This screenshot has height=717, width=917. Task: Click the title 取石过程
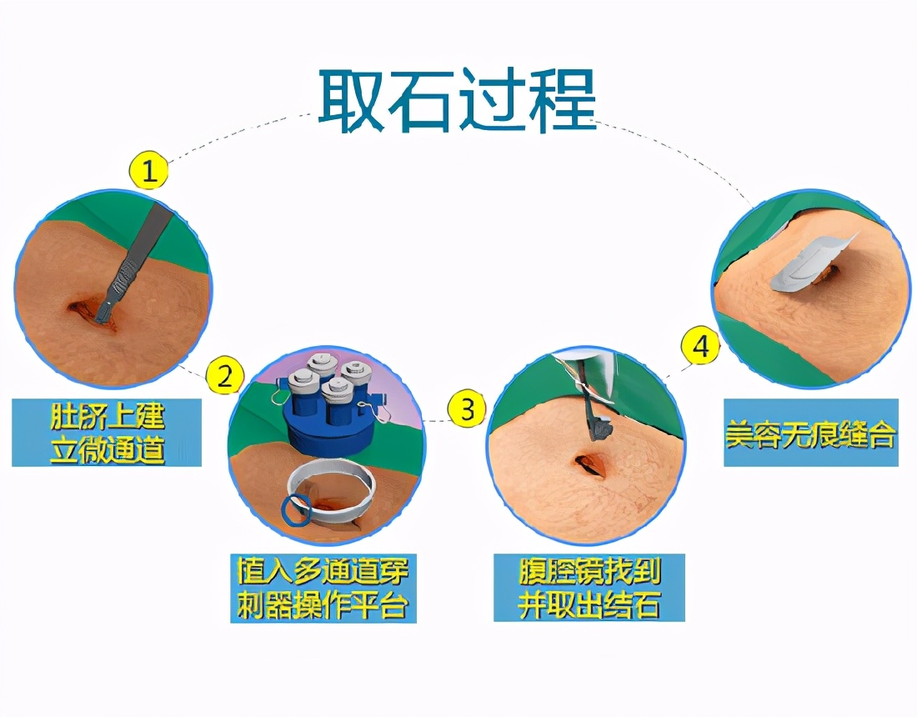[457, 102]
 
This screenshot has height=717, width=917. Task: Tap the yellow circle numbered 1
[149, 172]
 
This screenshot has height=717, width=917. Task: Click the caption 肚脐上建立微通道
[107, 432]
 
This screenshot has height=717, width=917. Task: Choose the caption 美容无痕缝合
[809, 434]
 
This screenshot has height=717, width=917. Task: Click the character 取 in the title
[353, 102]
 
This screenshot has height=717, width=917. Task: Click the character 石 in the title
[422, 102]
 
